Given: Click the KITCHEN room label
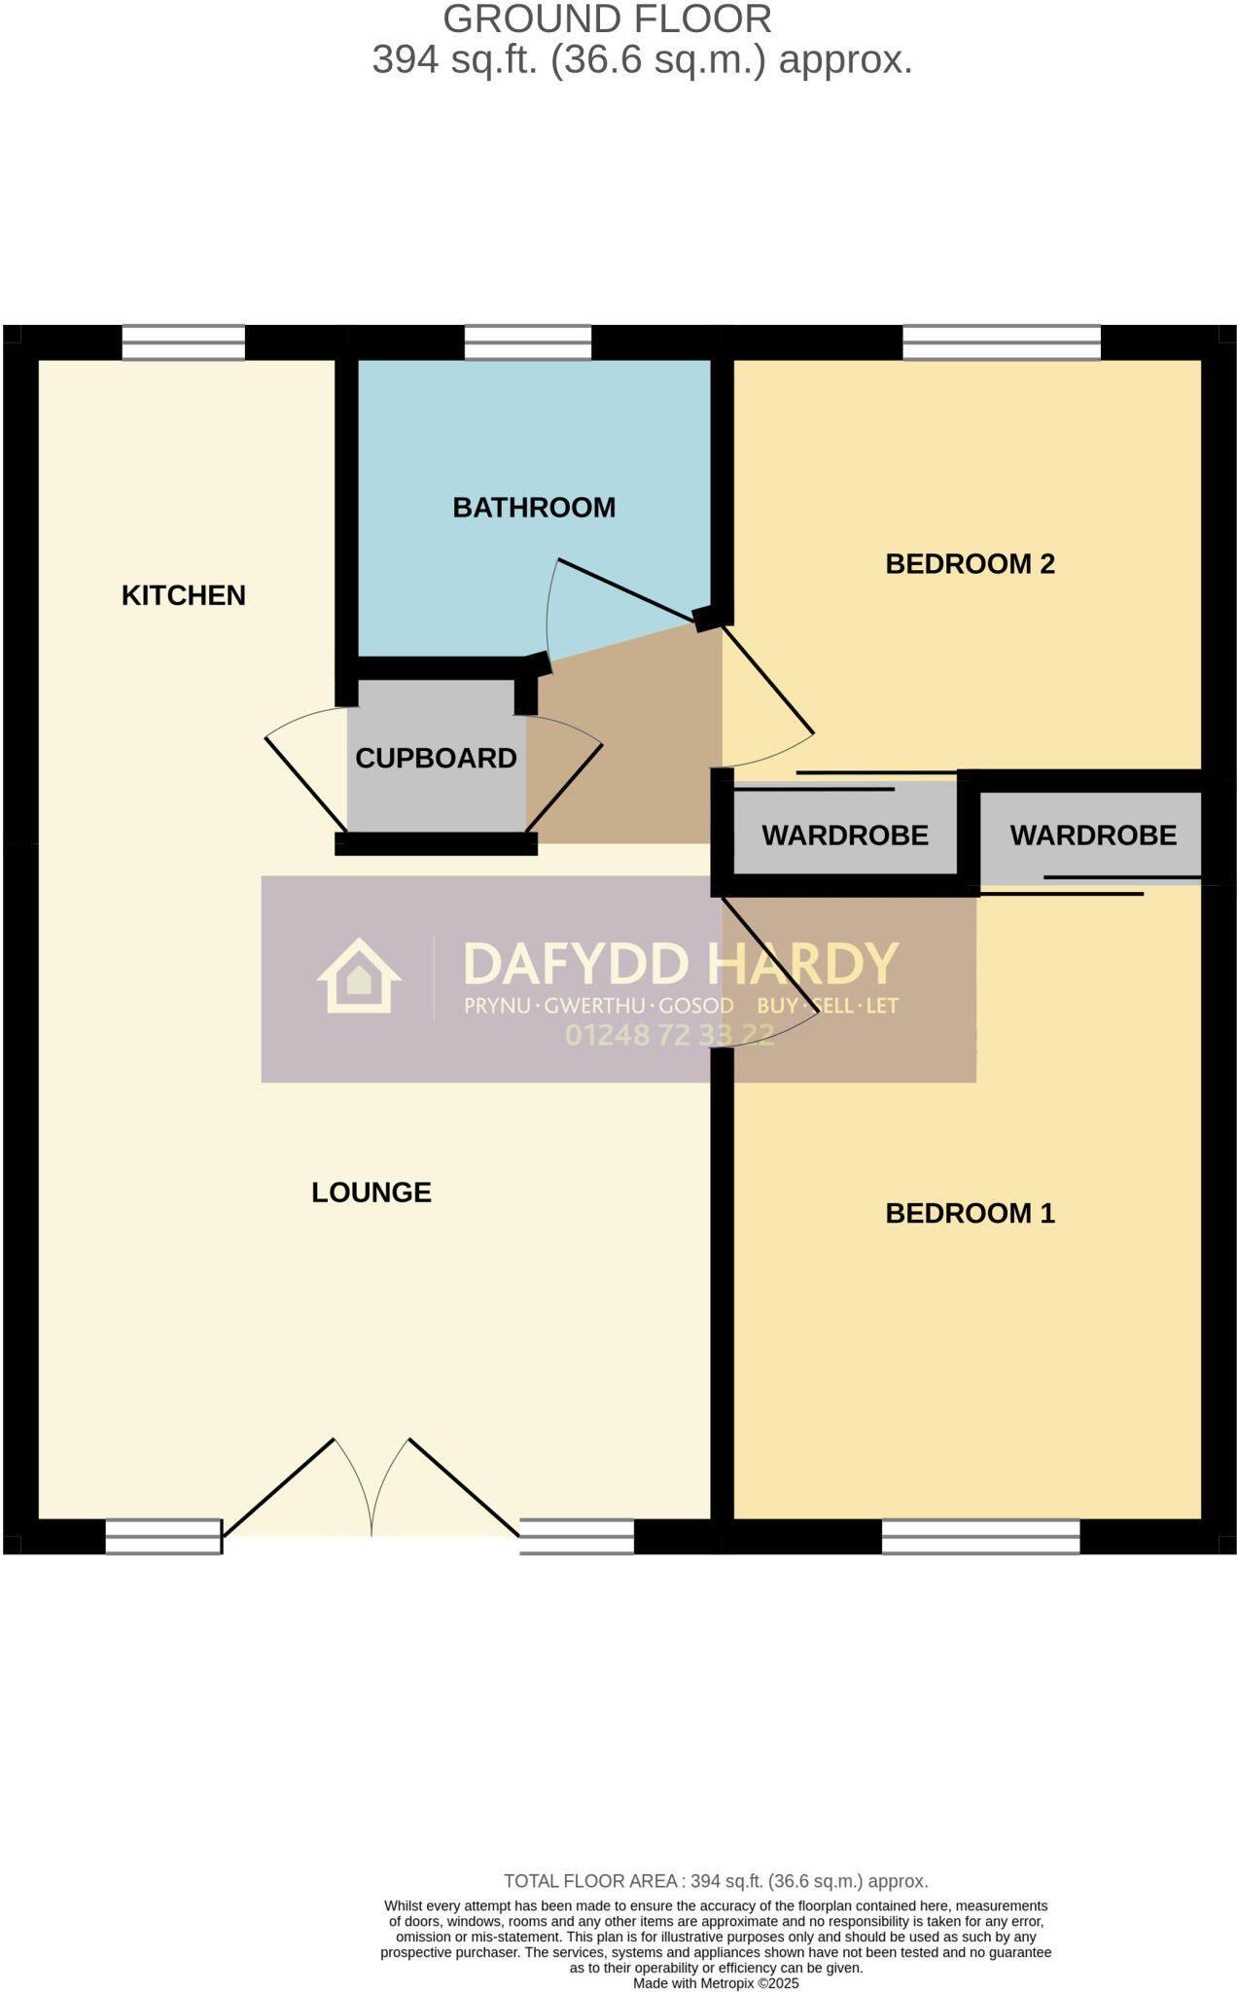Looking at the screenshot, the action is pos(183,595).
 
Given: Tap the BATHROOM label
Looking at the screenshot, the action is pos(534,508).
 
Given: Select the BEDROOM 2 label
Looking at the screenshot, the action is pos(970,564).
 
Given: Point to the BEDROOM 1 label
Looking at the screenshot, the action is pos(970,1213).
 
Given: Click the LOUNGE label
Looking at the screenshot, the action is pos(371,1192).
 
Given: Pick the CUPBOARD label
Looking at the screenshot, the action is pos(436,759).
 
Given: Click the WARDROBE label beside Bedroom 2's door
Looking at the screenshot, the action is pos(845,836).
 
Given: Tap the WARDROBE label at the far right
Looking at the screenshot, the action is pos(1093,836).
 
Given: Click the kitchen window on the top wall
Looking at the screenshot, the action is pos(184,342).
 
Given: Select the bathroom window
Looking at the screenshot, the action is pos(528,342).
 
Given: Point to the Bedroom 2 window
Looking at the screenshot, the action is pos(1002,342).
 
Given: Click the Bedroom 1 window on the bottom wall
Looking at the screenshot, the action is pos(981,1537).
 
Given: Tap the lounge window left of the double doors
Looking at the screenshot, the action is pos(163,1537).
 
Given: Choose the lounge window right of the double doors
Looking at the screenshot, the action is pos(577,1537).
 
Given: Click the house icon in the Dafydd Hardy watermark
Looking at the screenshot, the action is pos(359,976).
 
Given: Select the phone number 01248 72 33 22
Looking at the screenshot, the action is pos(670,1035).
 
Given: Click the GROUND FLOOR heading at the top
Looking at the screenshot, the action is pos(608,19).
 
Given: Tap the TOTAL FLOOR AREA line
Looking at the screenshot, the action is pos(716,1881).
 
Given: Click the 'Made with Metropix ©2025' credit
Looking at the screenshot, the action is pos(716,1983).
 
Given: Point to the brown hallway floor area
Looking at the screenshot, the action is pos(632,759).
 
